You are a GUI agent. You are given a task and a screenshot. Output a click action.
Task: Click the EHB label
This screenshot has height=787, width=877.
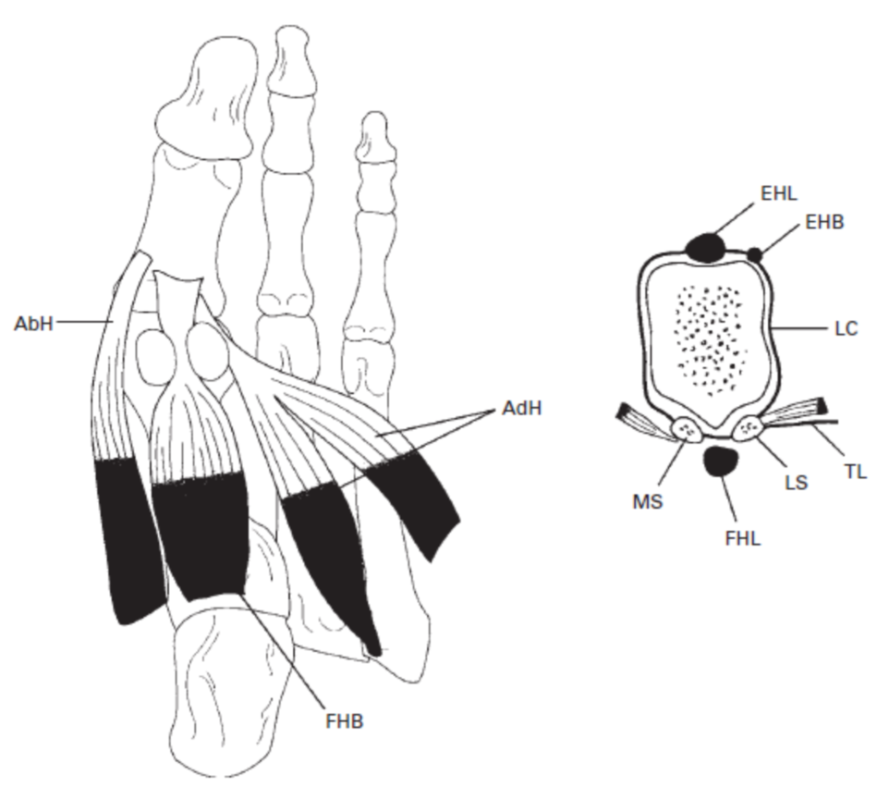click(824, 222)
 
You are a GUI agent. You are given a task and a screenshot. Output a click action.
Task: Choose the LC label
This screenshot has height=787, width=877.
click(845, 328)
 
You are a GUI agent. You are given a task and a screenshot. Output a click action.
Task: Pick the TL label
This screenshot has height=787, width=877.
click(856, 472)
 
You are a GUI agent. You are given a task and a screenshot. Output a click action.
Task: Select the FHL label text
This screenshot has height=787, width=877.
click(742, 539)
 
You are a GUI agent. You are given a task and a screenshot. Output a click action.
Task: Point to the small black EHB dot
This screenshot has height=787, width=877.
click(755, 253)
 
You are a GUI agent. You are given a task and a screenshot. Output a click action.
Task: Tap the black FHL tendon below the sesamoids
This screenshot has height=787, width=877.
click(720, 461)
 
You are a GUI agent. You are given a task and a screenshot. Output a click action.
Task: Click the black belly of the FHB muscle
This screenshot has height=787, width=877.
click(201, 536)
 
